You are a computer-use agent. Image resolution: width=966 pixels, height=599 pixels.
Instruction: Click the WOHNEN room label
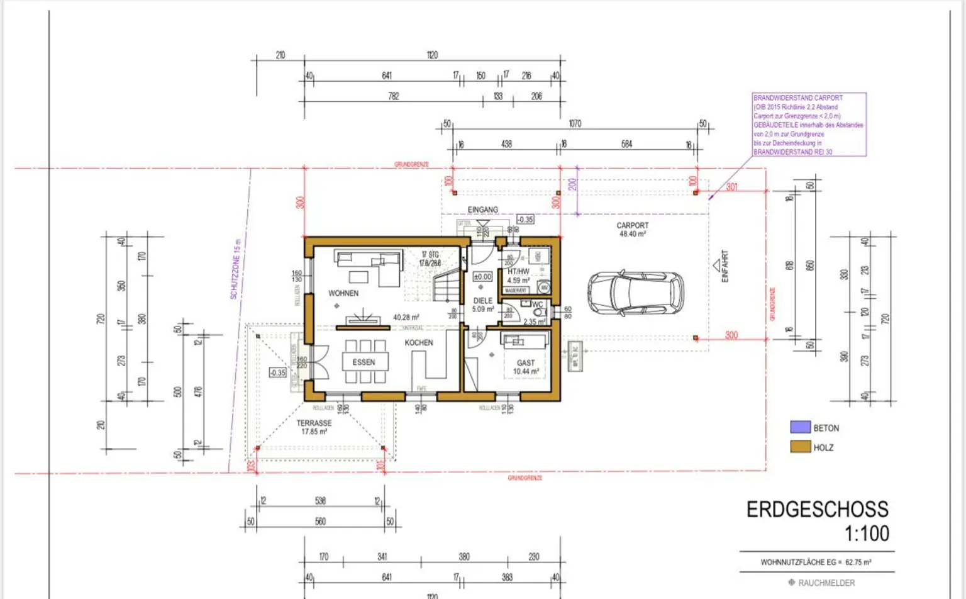click(x=343, y=293)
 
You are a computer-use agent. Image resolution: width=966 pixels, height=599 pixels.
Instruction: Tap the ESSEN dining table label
click(x=364, y=362)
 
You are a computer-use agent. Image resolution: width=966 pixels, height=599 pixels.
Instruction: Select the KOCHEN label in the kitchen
click(x=419, y=343)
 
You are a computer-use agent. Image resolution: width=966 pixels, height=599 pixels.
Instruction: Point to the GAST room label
click(x=526, y=363)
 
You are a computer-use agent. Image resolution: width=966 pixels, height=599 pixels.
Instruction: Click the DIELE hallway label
click(x=483, y=301)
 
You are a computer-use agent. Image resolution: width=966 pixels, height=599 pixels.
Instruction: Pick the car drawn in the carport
click(x=636, y=293)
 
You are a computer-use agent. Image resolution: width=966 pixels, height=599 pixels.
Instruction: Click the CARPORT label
click(x=632, y=225)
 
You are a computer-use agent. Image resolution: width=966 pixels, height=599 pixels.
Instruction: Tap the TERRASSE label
click(x=314, y=423)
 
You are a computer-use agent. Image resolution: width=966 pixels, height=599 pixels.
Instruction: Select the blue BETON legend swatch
click(x=800, y=427)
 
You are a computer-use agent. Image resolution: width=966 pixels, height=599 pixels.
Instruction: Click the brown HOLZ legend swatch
click(x=800, y=447)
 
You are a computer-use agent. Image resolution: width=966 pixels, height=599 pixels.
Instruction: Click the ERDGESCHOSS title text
click(x=817, y=509)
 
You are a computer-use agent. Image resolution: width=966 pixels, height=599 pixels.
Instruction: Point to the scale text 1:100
click(x=866, y=534)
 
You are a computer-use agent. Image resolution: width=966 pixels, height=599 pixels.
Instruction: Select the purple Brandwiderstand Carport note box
click(x=809, y=125)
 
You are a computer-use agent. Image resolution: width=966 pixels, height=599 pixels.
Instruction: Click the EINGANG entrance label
click(x=483, y=210)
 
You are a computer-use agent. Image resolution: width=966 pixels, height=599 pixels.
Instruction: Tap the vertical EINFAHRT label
click(x=724, y=266)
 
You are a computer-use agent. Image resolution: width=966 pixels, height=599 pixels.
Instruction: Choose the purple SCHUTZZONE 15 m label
click(x=235, y=269)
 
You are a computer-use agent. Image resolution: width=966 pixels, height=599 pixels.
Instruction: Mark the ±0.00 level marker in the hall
click(x=482, y=277)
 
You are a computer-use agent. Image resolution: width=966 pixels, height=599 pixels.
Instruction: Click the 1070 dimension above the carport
click(x=575, y=124)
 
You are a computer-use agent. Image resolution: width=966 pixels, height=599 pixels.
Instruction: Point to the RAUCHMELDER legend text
click(x=826, y=583)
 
